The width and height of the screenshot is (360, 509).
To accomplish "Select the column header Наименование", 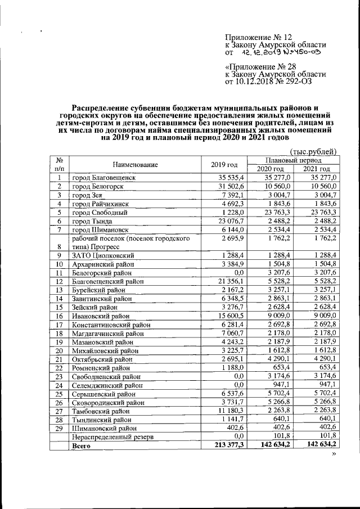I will (134, 165).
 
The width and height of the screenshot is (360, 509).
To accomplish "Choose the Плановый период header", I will (292, 160).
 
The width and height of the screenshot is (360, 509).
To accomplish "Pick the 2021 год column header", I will (316, 169).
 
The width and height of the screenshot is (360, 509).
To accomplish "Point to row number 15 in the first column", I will (58, 308).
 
